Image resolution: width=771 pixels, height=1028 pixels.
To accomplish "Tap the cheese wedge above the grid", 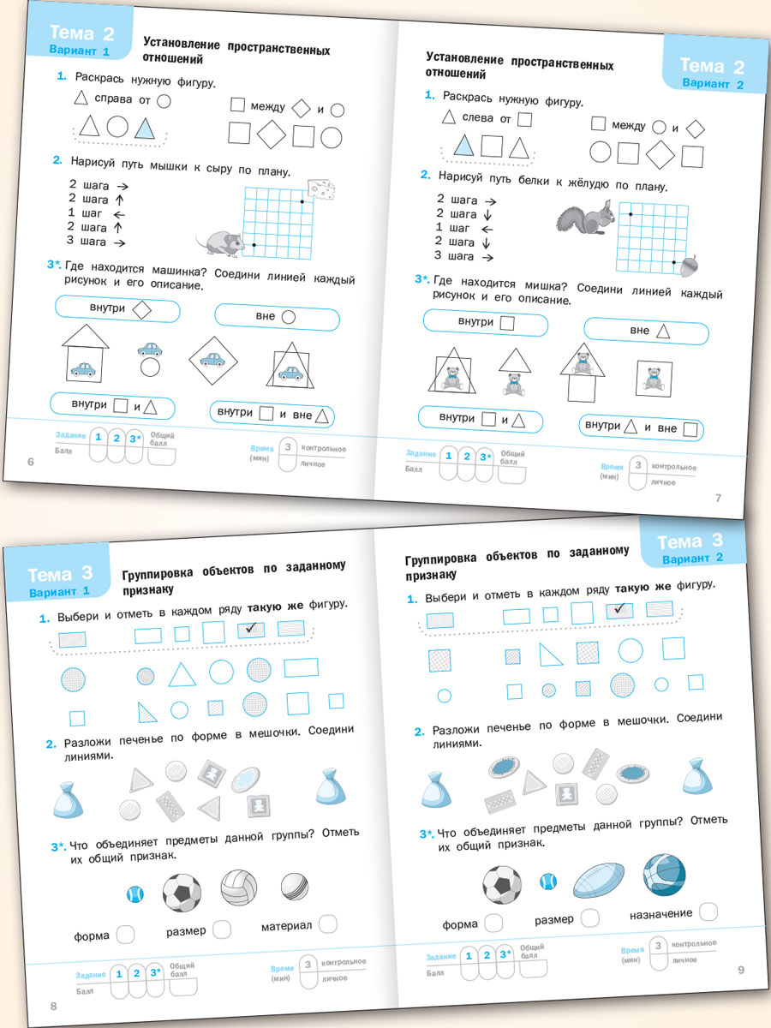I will [321, 188].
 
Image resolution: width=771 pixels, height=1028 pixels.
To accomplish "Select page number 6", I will [31, 463].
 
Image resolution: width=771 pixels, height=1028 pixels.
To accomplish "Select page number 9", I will [742, 969].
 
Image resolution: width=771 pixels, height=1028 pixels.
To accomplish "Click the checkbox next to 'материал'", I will [327, 923].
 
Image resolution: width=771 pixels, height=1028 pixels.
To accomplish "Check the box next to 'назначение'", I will [708, 911].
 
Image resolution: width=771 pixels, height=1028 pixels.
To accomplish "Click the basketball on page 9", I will [664, 875].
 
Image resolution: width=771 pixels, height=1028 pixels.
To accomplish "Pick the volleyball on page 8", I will [238, 888].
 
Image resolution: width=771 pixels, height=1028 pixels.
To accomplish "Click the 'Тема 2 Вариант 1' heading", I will [81, 39].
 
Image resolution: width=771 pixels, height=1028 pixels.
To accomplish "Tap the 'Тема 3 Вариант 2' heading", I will [690, 547].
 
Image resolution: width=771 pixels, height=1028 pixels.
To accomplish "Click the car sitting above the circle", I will [150, 349].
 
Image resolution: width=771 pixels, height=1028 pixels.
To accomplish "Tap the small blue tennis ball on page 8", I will [134, 894].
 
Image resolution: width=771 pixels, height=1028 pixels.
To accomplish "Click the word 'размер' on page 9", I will [554, 919].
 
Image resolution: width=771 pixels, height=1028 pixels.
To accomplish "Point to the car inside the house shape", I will [84, 369].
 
